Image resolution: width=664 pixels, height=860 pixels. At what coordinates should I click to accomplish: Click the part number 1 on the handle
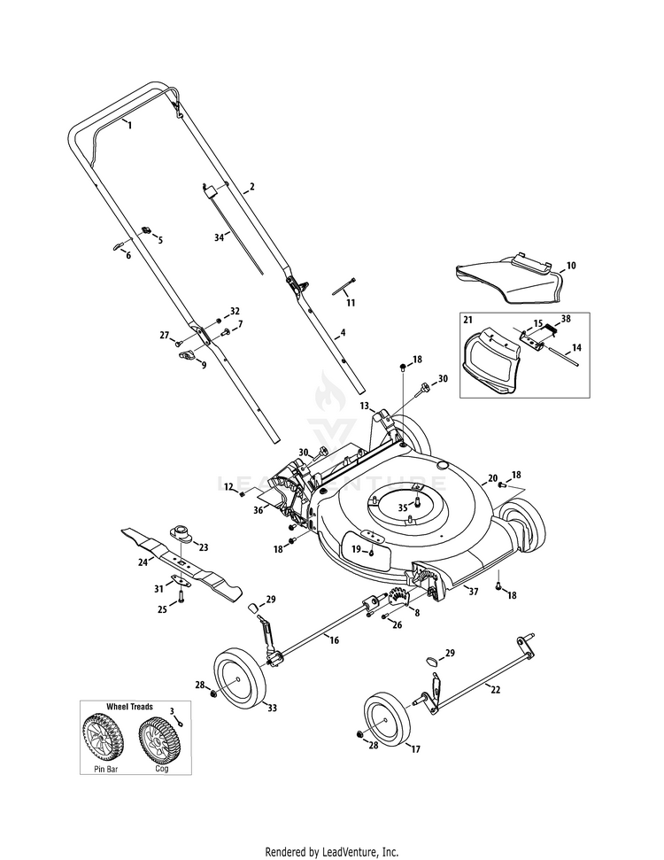point(129,126)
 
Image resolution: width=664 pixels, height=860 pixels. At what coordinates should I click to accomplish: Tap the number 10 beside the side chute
point(571,265)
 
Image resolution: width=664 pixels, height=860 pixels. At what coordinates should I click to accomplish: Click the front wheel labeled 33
point(240,678)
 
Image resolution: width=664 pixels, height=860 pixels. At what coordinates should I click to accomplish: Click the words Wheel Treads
point(129,707)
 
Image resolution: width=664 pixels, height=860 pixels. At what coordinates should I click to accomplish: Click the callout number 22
point(495,689)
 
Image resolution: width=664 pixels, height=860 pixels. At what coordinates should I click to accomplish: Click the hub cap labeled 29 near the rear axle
point(433,659)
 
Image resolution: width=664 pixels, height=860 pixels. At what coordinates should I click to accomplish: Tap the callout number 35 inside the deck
point(403,507)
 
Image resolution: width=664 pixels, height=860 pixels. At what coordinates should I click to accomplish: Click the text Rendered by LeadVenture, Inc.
point(332,852)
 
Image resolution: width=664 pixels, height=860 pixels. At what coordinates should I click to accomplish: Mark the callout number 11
point(351,303)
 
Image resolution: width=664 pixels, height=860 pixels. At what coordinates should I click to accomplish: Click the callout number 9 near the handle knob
point(203,364)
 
